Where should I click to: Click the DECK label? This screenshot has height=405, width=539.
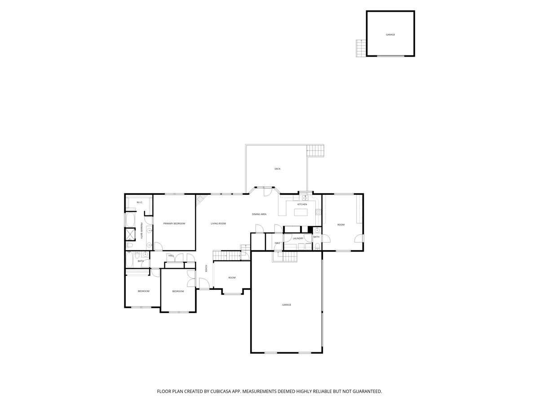tap(278, 169)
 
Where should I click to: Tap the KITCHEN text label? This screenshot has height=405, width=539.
tap(302, 205)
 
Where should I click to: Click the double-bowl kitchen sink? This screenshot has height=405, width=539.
tap(305, 198)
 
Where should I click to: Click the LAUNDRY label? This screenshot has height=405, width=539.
tap(298, 238)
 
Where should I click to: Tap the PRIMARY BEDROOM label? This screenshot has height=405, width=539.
tap(174, 224)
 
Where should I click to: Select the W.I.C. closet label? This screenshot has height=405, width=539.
tap(139, 202)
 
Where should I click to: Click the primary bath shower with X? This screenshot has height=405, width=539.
tap(130, 234)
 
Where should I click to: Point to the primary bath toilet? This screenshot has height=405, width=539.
tap(128, 245)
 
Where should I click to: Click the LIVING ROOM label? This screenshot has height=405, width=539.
tap(218, 224)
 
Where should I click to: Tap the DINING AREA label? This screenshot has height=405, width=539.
tap(259, 214)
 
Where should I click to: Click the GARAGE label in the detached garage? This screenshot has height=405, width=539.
tap(390, 35)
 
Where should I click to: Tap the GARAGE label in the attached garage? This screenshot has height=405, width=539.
tap(287, 305)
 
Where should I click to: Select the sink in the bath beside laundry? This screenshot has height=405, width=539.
tap(317, 230)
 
